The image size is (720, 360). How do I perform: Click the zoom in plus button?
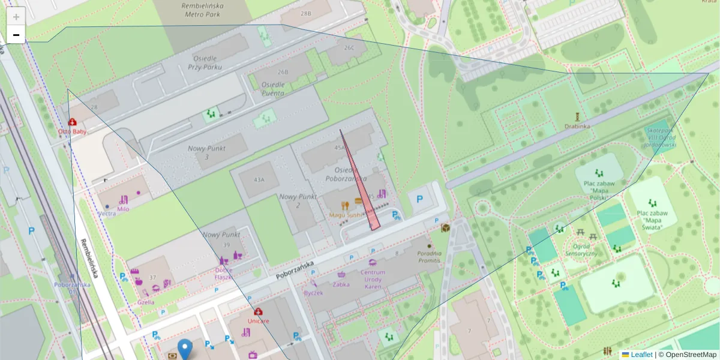point(16,17)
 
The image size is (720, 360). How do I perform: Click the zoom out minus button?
point(16,35)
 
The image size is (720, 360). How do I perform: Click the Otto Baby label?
point(73,131)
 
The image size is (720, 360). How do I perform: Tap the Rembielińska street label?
point(89,259)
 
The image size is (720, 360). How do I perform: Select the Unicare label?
point(258,320)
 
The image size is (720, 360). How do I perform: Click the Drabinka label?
point(577,126)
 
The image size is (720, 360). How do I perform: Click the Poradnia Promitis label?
point(430,256)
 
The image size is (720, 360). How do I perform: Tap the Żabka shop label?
point(341,284)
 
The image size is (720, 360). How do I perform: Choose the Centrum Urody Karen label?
point(373,279)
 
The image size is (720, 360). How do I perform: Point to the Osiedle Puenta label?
point(274,89)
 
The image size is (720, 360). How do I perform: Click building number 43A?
point(259,179)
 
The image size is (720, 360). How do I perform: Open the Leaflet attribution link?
point(641,355)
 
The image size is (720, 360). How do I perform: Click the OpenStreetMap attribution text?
point(691,355)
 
